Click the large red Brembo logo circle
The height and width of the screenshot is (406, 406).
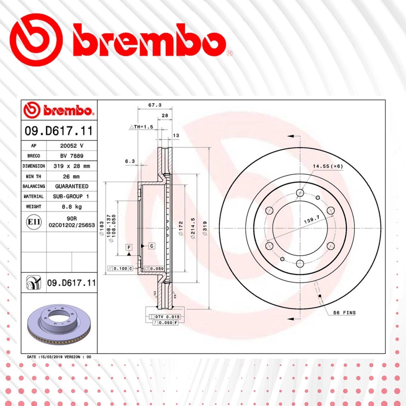tap(36, 40)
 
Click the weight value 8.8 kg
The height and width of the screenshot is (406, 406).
tap(72, 207)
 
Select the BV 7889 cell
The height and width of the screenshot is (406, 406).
tap(72, 156)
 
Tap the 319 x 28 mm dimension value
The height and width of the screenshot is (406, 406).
tap(72, 166)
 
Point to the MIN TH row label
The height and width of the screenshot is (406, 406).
tap(33, 176)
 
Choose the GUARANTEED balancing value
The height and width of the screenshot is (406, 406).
tap(72, 186)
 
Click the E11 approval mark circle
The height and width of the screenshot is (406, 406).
tap(34, 222)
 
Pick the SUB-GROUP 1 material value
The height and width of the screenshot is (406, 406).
tap(71, 196)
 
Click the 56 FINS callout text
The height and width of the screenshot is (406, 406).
tap(344, 313)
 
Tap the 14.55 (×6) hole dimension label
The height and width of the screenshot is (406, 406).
tap(327, 166)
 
